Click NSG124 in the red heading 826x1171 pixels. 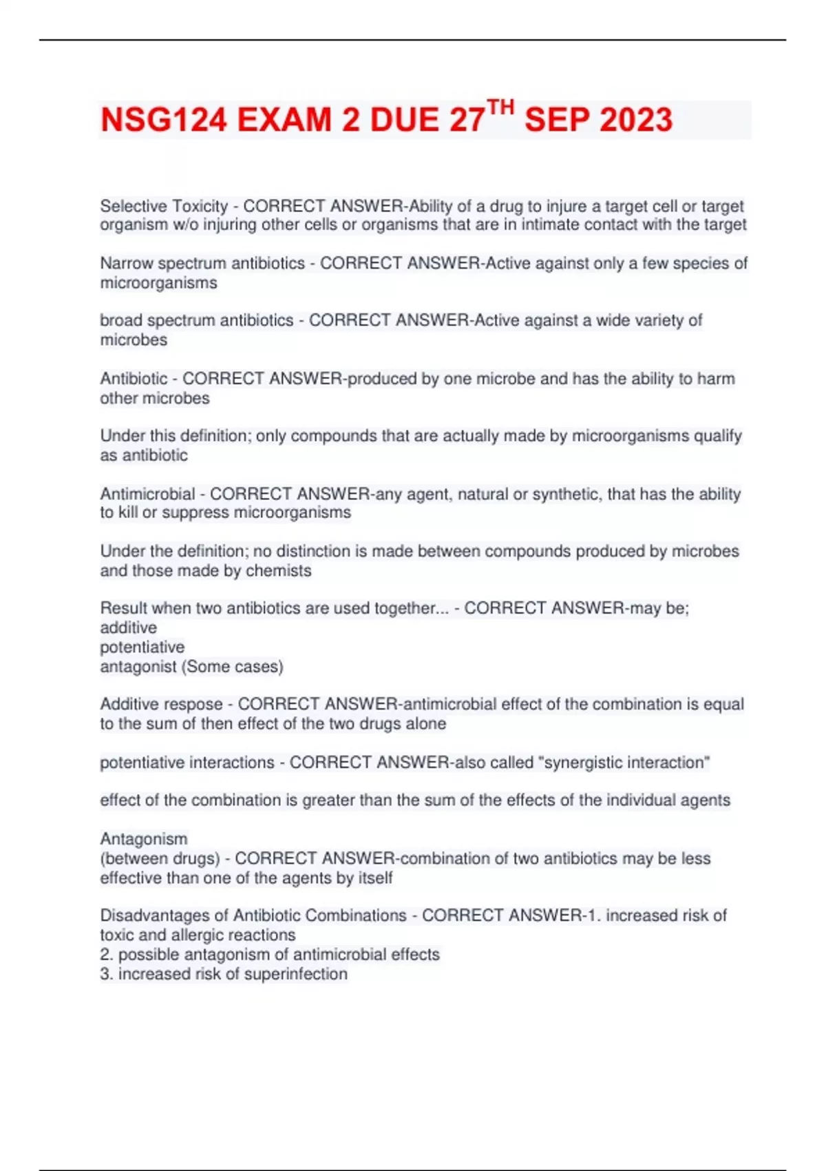[163, 121]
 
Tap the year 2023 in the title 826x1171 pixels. [635, 121]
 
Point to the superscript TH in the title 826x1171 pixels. [500, 107]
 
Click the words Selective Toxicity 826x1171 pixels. [164, 206]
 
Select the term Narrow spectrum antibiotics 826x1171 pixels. [202, 263]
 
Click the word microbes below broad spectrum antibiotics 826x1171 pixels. [134, 340]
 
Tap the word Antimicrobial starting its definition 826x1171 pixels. [147, 494]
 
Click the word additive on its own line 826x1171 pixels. [128, 628]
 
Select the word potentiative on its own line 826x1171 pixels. [142, 647]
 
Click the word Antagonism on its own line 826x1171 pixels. [143, 838]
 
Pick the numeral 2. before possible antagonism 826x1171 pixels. [106, 954]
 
